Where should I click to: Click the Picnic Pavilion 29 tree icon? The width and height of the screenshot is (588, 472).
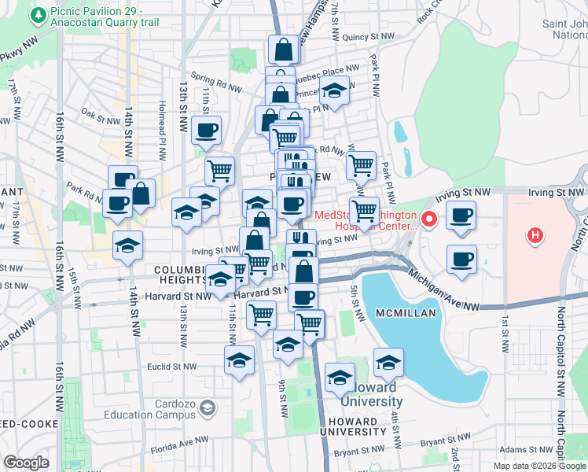[x=38, y=13]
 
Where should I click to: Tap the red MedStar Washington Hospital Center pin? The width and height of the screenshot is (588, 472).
[x=429, y=219]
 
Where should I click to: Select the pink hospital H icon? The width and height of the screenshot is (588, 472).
[x=535, y=234]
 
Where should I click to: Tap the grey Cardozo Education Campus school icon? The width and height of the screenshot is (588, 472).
[x=207, y=407]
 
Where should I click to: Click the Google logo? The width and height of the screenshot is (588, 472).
[x=27, y=463]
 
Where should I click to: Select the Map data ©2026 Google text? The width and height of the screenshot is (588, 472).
[x=539, y=466]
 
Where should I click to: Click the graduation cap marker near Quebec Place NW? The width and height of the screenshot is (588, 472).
[x=334, y=90]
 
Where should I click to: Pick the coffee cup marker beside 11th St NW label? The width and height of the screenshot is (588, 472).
[x=207, y=130]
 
